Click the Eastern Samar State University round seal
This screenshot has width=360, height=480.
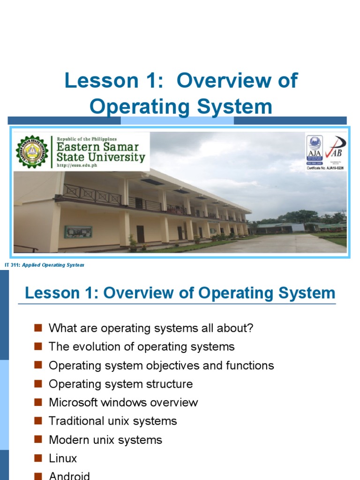[32, 152]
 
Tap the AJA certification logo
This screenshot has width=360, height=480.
[315, 150]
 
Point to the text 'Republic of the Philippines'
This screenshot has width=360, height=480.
[87, 139]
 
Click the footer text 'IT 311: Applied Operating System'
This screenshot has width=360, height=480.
[44, 265]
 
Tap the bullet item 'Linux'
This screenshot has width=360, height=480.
[62, 458]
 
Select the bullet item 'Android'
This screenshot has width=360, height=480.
[69, 475]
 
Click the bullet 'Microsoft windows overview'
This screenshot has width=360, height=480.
[123, 403]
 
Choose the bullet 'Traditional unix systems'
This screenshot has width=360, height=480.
[112, 421]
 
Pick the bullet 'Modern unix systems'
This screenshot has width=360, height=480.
[105, 440]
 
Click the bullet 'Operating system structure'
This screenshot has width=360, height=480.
[120, 384]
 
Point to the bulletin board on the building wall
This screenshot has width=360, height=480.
[78, 232]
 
